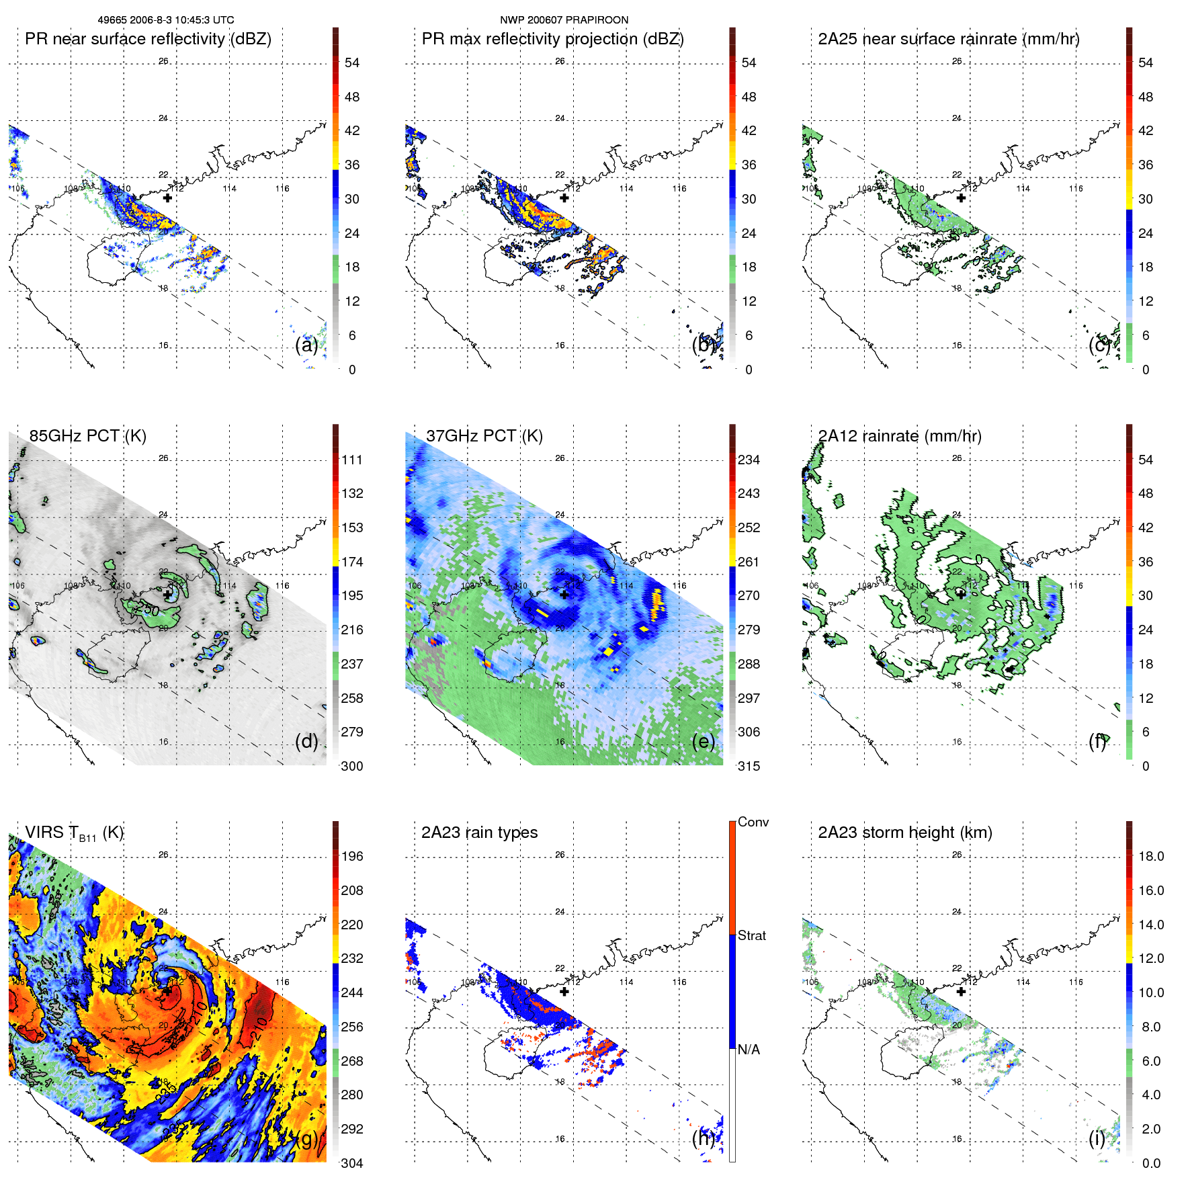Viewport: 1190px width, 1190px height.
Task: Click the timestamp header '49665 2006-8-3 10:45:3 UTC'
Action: coord(166,20)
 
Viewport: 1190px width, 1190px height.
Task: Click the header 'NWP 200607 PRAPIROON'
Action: coord(564,20)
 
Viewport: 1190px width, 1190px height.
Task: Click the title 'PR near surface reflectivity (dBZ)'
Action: coord(148,39)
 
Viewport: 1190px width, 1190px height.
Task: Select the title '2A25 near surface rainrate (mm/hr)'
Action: coord(948,39)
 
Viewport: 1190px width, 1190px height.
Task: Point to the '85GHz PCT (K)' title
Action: coord(87,436)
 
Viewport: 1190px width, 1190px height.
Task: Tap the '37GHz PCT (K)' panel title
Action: coord(484,436)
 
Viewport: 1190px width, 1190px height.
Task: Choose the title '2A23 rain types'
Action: coord(479,833)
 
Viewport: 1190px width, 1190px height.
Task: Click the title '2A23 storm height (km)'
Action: coord(904,833)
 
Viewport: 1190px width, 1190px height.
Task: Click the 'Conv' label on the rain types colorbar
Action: coord(753,822)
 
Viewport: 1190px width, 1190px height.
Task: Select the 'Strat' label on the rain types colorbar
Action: coord(751,935)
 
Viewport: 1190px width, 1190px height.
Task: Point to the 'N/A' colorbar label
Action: coord(749,1050)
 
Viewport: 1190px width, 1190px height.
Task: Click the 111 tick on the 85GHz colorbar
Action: coord(352,460)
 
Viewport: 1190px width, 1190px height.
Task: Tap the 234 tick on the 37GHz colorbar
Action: coord(749,460)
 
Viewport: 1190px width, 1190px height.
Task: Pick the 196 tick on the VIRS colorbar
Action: coord(352,856)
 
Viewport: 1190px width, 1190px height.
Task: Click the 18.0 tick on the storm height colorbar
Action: coord(1150,856)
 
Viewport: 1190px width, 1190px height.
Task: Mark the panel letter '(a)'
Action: coord(306,345)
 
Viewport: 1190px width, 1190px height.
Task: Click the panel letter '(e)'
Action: coord(703,741)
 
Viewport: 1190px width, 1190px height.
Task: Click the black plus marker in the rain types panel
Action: coord(564,992)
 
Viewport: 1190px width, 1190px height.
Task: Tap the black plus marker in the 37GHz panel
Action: coord(564,595)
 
